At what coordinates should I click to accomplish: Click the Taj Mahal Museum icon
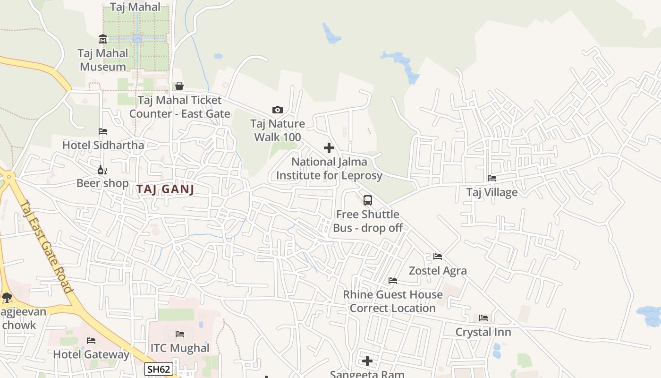click(103, 39)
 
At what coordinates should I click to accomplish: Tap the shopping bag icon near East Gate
click(179, 86)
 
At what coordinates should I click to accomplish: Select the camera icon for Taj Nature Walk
click(278, 110)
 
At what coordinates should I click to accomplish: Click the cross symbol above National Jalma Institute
click(329, 148)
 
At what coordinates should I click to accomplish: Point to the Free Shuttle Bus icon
click(368, 200)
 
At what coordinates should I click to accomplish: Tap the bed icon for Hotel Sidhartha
click(103, 131)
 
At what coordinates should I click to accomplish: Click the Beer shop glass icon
click(102, 170)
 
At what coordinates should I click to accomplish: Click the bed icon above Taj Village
click(492, 178)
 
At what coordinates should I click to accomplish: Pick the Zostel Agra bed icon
click(438, 257)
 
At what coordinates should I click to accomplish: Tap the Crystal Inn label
click(483, 332)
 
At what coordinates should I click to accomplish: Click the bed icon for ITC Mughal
click(180, 334)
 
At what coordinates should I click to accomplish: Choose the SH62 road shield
click(158, 369)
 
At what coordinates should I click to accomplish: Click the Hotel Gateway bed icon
click(91, 341)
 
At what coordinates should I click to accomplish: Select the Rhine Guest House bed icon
click(393, 281)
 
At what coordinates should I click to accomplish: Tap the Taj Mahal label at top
click(136, 7)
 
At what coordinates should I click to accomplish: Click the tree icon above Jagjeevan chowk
click(7, 298)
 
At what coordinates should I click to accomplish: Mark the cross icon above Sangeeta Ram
click(367, 361)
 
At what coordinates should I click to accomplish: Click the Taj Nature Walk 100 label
click(278, 130)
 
